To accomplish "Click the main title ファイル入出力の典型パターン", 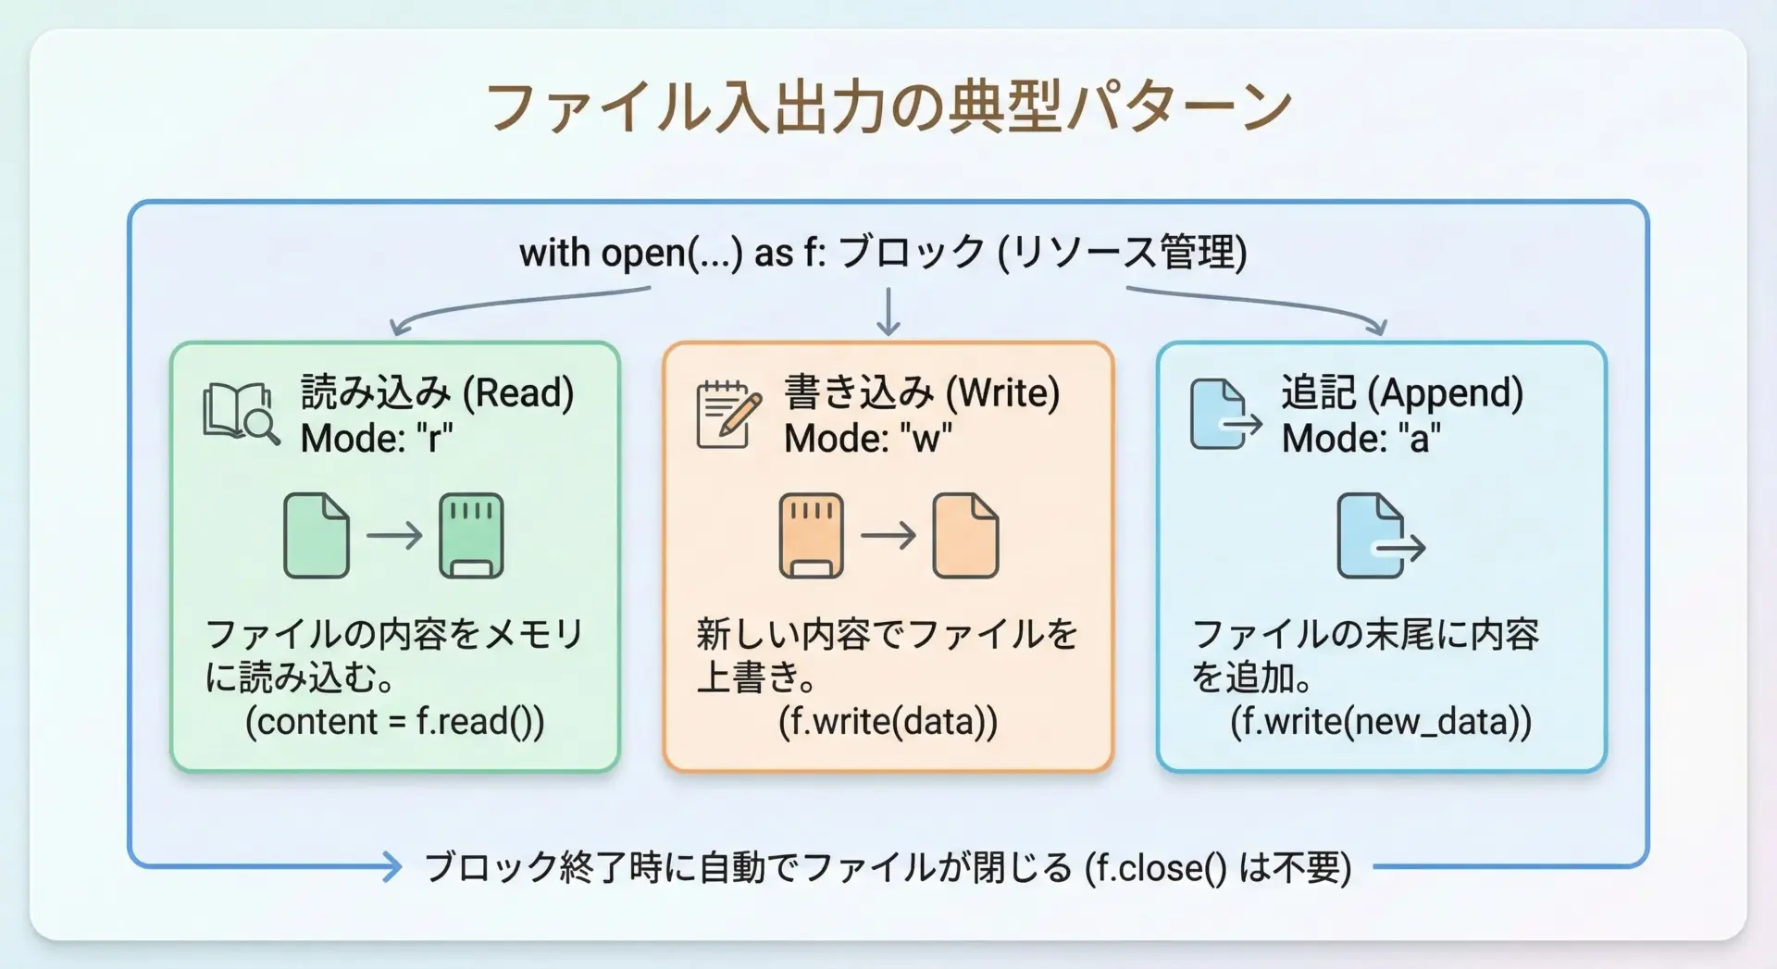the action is click(x=888, y=107).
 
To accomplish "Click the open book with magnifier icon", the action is click(x=241, y=414).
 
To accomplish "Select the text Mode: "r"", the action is click(x=377, y=438).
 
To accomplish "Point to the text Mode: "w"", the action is click(x=868, y=438).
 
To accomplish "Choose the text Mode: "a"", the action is click(x=1361, y=438).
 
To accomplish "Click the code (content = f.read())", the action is click(x=395, y=721).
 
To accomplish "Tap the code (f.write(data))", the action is click(x=888, y=721).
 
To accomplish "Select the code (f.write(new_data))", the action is click(x=1381, y=721).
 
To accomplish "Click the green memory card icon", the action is click(x=471, y=536).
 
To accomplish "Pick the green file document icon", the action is click(x=317, y=536).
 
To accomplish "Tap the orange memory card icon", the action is click(x=811, y=536).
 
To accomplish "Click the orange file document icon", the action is click(x=966, y=536).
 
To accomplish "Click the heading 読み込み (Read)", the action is click(x=438, y=392).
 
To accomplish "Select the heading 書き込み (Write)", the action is click(x=922, y=392).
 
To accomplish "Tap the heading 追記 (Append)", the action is click(x=1402, y=392).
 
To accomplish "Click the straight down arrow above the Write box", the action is click(x=888, y=312).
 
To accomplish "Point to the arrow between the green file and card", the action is click(x=394, y=536).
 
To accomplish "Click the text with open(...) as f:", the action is click(x=673, y=253).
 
